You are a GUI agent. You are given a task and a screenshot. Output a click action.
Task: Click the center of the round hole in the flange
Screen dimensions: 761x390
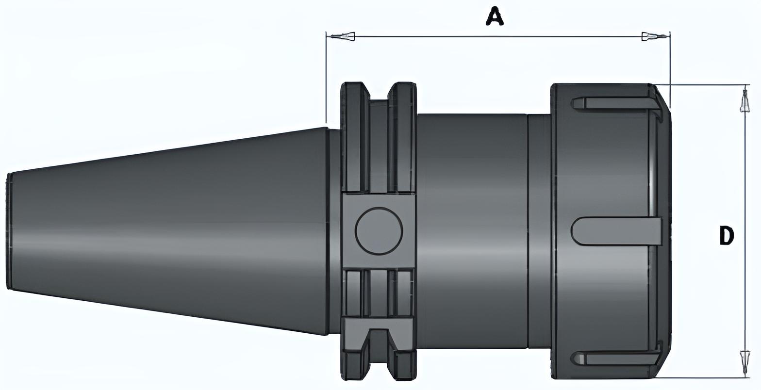click(379, 231)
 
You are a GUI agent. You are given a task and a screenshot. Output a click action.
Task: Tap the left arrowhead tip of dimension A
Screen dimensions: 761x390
click(327, 36)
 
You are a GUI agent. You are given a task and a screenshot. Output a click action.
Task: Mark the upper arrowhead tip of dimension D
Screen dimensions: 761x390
click(745, 85)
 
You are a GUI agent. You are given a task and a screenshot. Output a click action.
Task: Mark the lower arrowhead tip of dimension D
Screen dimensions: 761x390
click(745, 377)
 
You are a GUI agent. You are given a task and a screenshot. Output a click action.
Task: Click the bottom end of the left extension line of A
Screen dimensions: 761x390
click(326, 123)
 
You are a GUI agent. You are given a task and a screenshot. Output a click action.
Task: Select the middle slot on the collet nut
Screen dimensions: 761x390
click(616, 231)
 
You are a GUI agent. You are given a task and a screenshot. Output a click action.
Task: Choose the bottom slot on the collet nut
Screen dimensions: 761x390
click(616, 358)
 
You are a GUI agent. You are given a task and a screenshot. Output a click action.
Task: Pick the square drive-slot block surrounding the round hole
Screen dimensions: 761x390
click(379, 231)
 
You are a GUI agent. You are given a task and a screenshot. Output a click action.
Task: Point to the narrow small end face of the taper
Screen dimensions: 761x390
click(9, 231)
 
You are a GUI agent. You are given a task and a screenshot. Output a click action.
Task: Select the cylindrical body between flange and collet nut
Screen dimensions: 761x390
click(472, 231)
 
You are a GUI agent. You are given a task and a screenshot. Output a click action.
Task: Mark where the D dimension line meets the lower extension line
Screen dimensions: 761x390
click(745, 377)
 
